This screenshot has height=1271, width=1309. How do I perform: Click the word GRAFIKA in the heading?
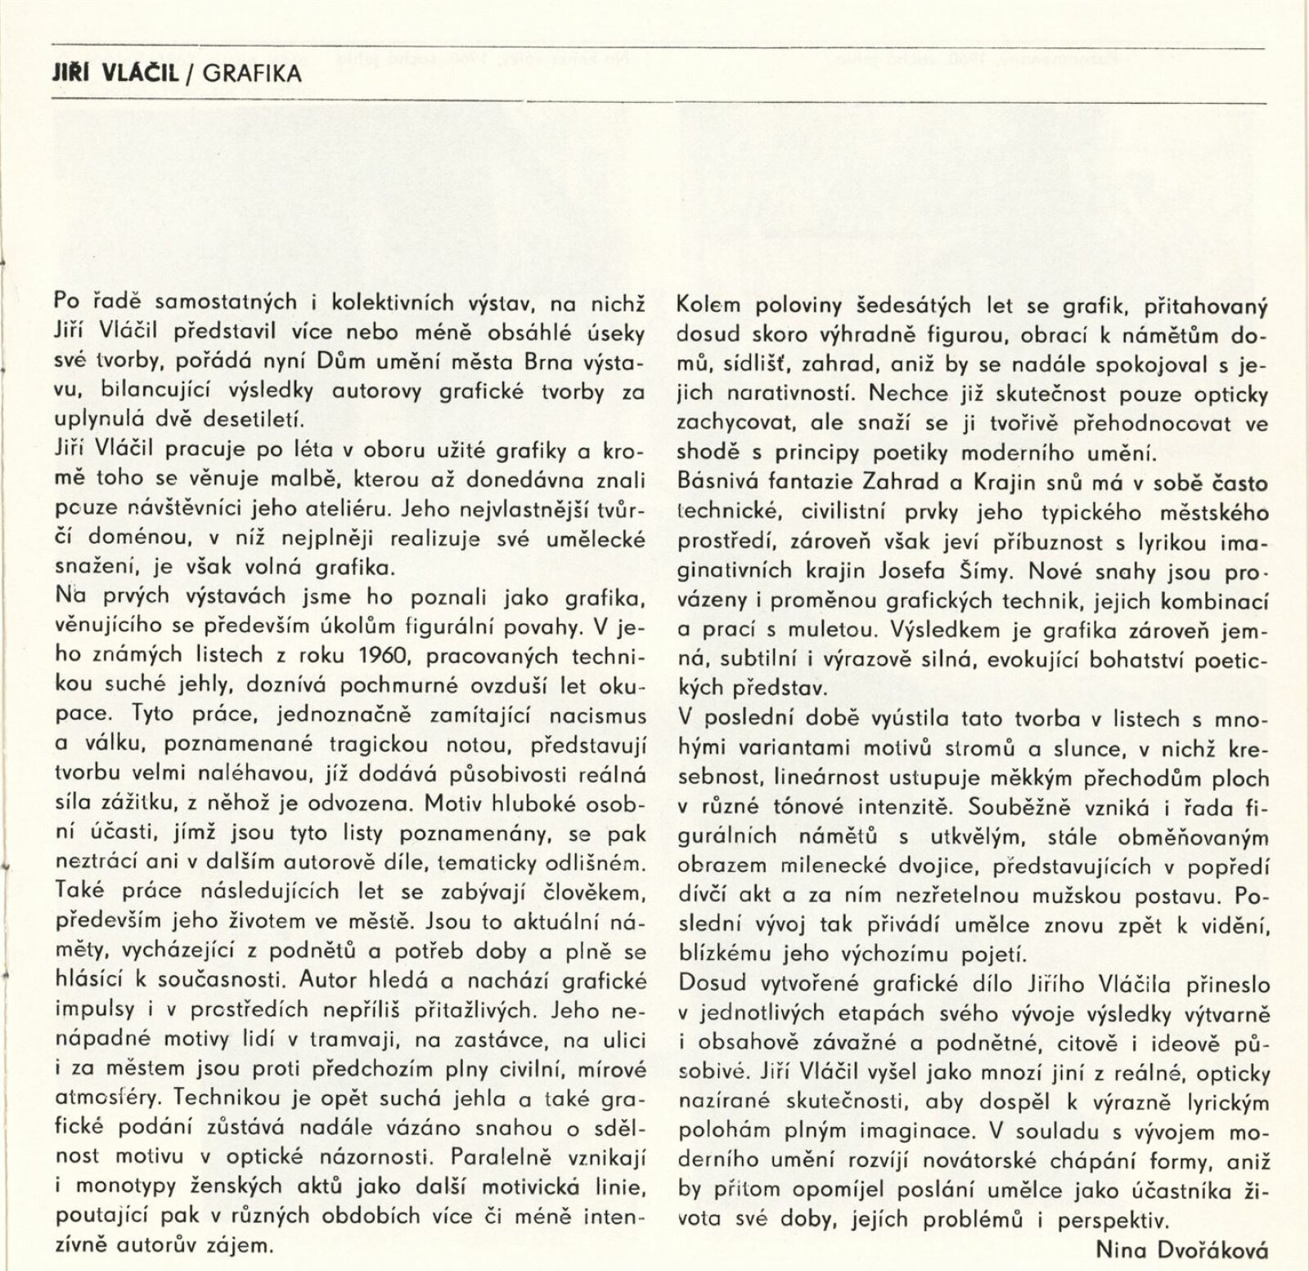pyautogui.click(x=252, y=74)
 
